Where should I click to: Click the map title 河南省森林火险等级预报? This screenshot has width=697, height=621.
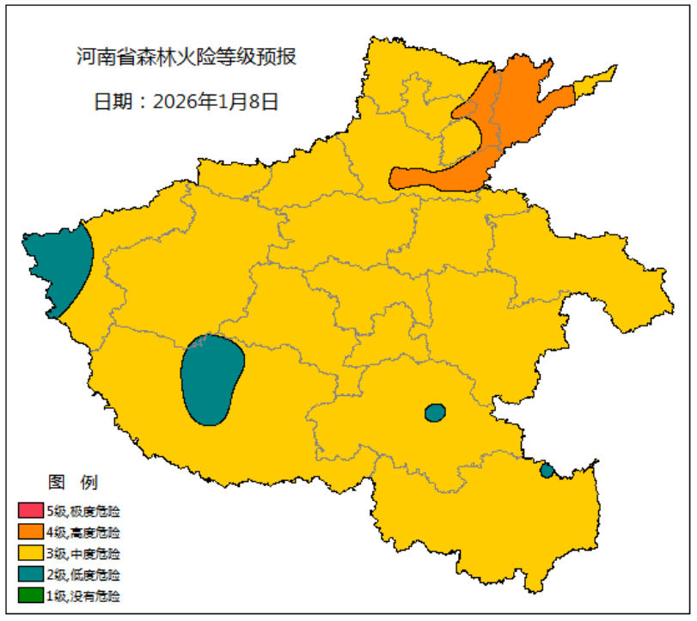click(186, 58)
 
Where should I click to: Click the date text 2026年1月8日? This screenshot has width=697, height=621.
click(216, 101)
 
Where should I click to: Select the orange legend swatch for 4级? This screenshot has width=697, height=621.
click(30, 533)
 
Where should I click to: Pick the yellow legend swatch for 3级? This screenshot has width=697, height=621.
click(30, 553)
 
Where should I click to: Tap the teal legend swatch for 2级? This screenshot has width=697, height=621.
click(30, 574)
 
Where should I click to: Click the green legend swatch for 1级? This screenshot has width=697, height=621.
click(30, 594)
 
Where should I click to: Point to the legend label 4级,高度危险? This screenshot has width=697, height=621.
click(83, 533)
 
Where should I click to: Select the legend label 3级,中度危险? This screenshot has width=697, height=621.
click(83, 553)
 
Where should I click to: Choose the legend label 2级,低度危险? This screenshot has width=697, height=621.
click(83, 574)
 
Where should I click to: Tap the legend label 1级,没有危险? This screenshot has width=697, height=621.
click(83, 594)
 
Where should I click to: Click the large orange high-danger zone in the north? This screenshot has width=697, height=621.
click(507, 129)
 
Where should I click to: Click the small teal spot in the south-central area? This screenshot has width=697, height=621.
click(436, 413)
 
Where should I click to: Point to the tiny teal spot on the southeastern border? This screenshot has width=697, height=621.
click(547, 470)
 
